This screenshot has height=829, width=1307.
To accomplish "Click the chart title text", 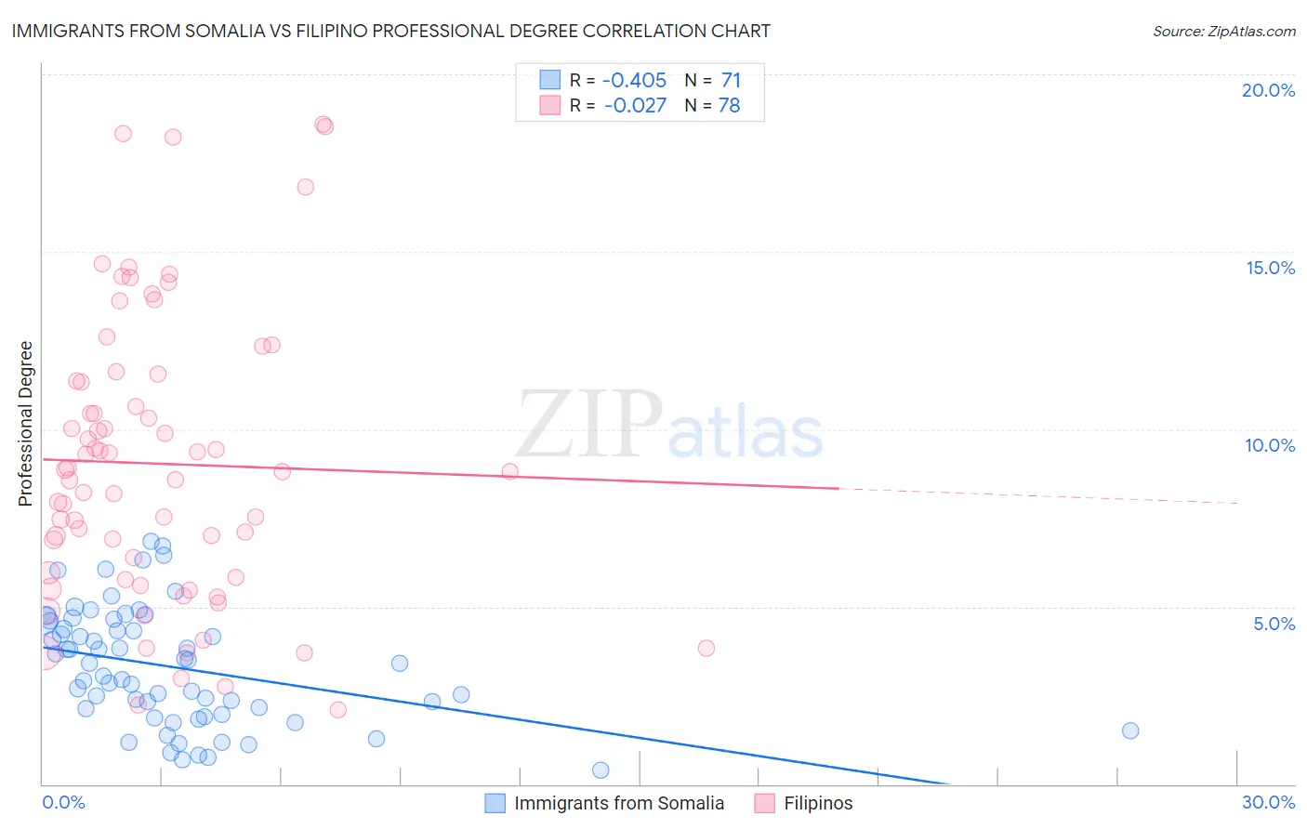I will [x=390, y=31].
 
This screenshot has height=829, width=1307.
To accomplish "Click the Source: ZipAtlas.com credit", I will [x=1223, y=32].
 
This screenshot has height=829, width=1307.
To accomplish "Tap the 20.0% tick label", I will [x=1268, y=90].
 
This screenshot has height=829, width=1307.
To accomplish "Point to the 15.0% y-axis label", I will [x=1270, y=268].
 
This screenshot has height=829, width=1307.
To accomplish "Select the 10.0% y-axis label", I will [x=1270, y=445].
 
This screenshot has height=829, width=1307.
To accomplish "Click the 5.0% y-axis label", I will [x=1274, y=624].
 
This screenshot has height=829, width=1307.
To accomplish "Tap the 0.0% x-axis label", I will [x=63, y=802].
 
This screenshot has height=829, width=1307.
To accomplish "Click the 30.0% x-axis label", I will [x=1268, y=802].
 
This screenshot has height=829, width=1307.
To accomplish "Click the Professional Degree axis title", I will [x=25, y=424].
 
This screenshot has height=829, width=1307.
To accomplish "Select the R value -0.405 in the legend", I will [x=635, y=81].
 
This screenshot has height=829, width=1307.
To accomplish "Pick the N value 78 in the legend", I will [x=730, y=106].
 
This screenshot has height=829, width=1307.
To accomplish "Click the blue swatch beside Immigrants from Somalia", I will [x=495, y=803].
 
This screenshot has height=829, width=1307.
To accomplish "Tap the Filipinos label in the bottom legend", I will [x=818, y=803].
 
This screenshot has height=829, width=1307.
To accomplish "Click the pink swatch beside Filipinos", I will [x=764, y=803].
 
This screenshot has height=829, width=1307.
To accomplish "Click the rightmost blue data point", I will [x=1130, y=730].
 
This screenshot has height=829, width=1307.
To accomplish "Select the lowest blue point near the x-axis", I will [x=601, y=770].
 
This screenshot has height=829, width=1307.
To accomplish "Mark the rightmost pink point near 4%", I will [x=706, y=649].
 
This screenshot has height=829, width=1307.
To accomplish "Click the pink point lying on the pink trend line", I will [x=509, y=472].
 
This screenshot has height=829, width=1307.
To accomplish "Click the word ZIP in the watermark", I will [x=589, y=424].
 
